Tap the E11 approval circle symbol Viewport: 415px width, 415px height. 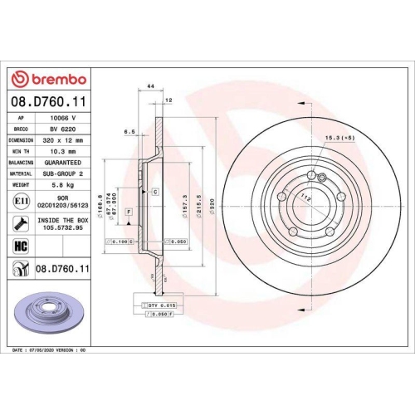[18, 201]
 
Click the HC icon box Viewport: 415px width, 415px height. [18, 245]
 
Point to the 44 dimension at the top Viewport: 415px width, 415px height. [150, 86]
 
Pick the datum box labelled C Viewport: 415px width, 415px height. [154, 191]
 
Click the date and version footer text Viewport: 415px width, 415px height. [49, 351]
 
